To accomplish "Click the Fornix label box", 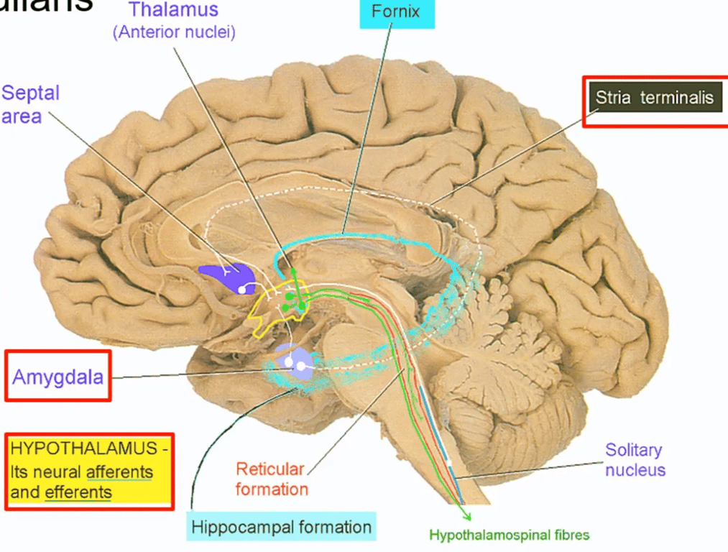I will pyautogui.click(x=396, y=13).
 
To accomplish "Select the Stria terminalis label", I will pyautogui.click(x=654, y=98).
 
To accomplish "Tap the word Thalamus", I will pyautogui.click(x=173, y=11).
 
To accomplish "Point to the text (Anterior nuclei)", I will pyautogui.click(x=173, y=32).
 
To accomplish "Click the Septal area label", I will pyautogui.click(x=30, y=104).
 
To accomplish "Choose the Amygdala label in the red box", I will pyautogui.click(x=57, y=376).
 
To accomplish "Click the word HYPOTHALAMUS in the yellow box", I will pyautogui.click(x=78, y=449).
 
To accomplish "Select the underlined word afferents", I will pyautogui.click(x=119, y=472).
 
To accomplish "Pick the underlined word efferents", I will pyautogui.click(x=78, y=492).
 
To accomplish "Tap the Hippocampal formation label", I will pyautogui.click(x=281, y=527).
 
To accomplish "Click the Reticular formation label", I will pyautogui.click(x=270, y=479).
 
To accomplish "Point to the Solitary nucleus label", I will pyautogui.click(x=635, y=460).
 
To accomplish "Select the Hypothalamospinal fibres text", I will pyautogui.click(x=509, y=535).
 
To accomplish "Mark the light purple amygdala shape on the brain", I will pyautogui.click(x=294, y=359).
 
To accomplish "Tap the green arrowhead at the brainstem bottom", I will pyautogui.click(x=466, y=516).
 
